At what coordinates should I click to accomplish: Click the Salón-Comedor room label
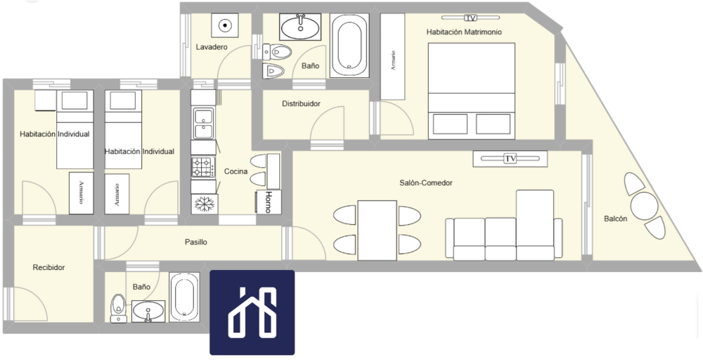[425, 183]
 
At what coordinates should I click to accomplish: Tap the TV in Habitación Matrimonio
[470, 18]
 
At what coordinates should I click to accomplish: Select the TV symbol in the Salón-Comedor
[510, 159]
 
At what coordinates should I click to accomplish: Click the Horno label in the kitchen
[268, 202]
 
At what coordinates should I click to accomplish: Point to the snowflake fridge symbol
[205, 205]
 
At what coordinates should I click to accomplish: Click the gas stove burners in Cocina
[204, 167]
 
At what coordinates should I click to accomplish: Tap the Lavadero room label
[212, 47]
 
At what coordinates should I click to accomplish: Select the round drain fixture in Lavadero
[225, 25]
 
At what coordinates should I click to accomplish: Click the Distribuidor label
[302, 104]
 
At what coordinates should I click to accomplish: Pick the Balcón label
[616, 219]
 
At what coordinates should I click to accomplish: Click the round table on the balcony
[644, 206]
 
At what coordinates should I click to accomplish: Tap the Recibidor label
[49, 268]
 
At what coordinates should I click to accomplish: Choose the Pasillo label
[196, 242]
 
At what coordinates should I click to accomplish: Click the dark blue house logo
[252, 312]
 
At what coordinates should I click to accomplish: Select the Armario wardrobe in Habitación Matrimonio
[393, 56]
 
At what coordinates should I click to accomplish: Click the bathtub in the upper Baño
[349, 45]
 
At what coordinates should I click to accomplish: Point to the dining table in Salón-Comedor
[377, 230]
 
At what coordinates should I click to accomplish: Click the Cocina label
[236, 172]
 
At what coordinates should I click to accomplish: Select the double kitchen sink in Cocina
[203, 123]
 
